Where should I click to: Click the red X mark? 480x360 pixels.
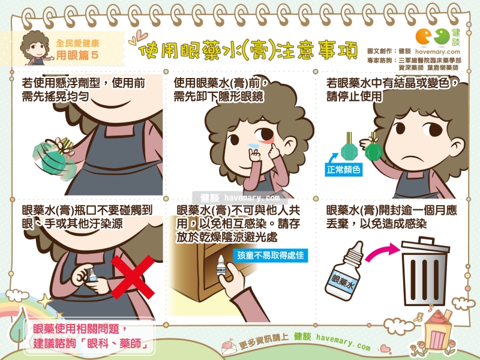point(132,277)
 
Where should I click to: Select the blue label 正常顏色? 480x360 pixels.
point(343,169)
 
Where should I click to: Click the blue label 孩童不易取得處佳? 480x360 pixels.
point(271,255)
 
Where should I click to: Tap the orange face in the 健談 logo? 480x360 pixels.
point(424,37)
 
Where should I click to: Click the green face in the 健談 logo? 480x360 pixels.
point(442,37)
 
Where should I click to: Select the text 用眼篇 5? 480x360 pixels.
point(77,55)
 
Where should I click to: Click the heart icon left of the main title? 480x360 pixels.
point(139,38)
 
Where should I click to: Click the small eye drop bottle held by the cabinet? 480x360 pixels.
point(221,265)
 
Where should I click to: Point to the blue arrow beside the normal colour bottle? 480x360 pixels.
point(332,158)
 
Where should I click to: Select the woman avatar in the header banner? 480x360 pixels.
point(36,48)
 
